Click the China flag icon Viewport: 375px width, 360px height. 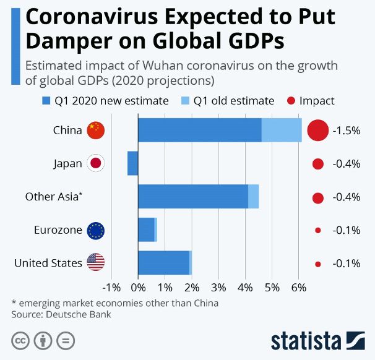click(96, 131)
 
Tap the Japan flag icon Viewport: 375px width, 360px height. click(96, 164)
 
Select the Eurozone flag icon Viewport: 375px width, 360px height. click(96, 230)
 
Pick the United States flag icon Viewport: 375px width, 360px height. click(96, 263)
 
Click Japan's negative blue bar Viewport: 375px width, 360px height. click(132, 163)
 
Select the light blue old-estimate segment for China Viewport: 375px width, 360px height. click(282, 130)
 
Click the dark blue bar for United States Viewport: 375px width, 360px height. click(163, 263)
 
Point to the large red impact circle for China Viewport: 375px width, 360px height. click(317, 131)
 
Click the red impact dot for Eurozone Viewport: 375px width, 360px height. click(318, 230)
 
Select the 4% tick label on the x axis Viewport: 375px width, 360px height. click(246, 288)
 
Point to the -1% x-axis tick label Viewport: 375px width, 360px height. click(111, 288)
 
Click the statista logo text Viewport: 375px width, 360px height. click(305, 341)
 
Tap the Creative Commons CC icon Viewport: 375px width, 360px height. click(20, 340)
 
